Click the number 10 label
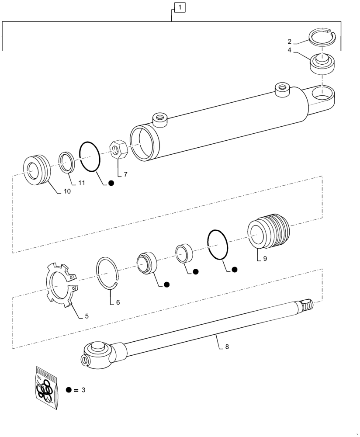tap(68, 191)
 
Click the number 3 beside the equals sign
tap(83, 390)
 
